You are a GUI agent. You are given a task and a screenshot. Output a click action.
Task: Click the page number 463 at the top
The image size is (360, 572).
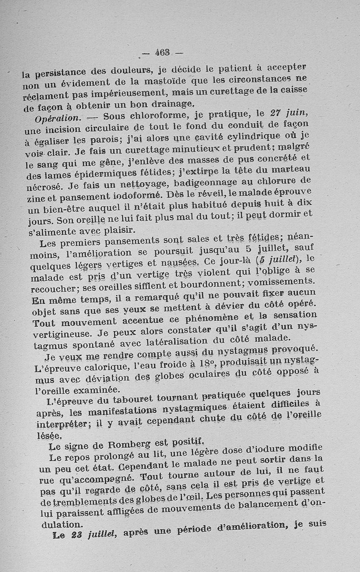coord(162,52)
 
